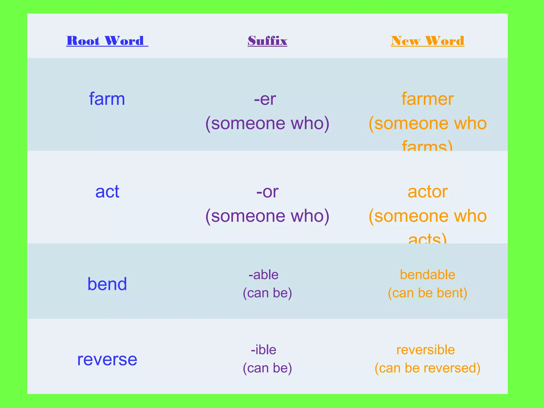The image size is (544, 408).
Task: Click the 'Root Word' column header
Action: pos(107,41)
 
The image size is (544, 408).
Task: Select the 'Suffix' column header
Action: pos(267,41)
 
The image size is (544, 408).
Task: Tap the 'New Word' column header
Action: pos(428,41)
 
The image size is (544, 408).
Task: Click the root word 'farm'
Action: pos(107,99)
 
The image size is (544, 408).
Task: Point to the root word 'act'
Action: pos(107,192)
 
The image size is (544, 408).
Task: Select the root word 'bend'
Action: pos(107,284)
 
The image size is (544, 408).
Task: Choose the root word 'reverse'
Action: pos(107,359)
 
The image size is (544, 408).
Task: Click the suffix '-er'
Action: pos(265,99)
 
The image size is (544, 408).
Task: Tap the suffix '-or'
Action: pos(267,192)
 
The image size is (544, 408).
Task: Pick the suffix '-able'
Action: pos(263,275)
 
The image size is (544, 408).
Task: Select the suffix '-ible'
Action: pos(263,350)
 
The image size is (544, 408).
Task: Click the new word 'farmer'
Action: pos(427,99)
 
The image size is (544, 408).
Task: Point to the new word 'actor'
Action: pos(428,192)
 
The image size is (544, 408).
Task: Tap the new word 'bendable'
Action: pos(428,275)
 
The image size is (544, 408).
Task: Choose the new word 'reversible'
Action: pos(426,350)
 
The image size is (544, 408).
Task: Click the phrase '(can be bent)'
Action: pos(428,293)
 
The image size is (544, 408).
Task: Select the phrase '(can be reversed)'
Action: pos(428,368)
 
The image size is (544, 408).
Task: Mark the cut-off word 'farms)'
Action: pos(427,146)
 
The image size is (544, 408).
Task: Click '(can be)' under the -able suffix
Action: pos(267,293)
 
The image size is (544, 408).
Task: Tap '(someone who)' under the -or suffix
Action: pos(267,216)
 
